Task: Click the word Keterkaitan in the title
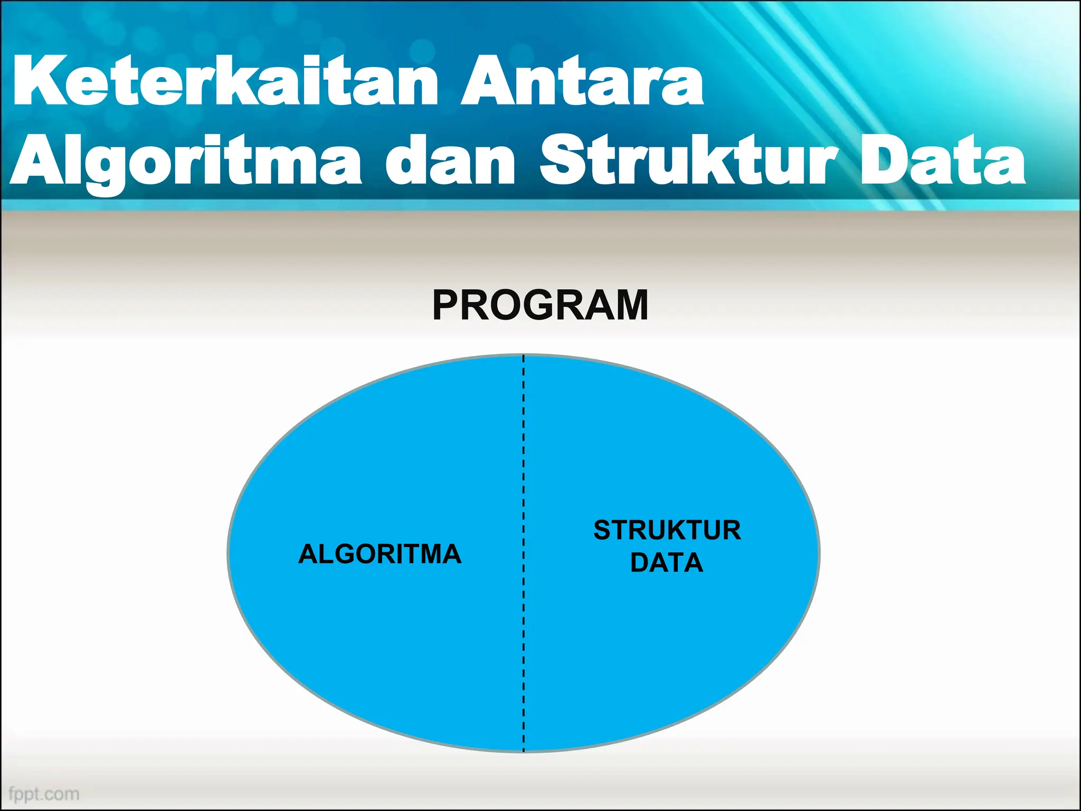point(224,82)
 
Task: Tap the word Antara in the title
point(582,82)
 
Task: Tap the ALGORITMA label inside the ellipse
point(380,554)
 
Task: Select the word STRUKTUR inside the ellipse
point(667,530)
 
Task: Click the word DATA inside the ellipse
point(667,562)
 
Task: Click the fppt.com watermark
point(44,794)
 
